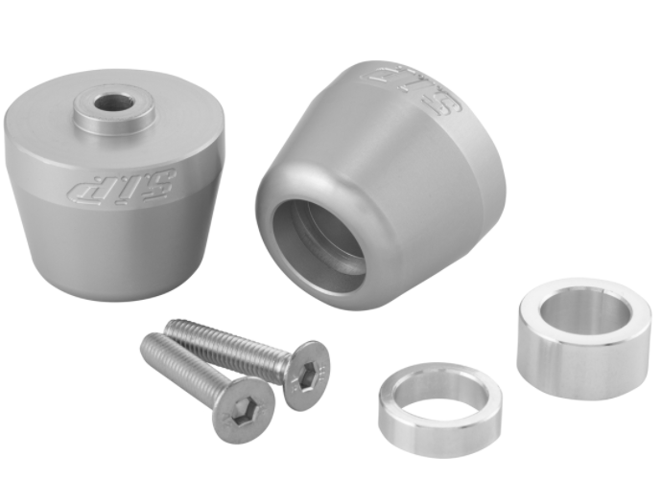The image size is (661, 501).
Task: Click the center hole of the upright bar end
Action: click(x=112, y=102)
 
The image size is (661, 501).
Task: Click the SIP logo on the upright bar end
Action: click(x=122, y=186)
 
